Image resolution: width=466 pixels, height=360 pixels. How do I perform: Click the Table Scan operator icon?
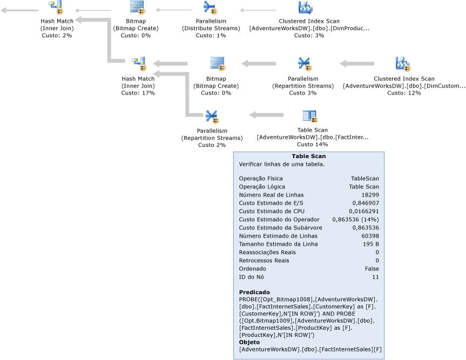tap(309, 116)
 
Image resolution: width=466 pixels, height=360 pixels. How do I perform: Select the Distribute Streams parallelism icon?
tap(210, 8)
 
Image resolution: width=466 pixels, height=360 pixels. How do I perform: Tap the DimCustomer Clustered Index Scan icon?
tap(403, 64)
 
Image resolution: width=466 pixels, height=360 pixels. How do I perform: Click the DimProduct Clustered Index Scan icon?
tap(305, 8)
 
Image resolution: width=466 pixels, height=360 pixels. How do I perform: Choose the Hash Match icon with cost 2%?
tap(56, 8)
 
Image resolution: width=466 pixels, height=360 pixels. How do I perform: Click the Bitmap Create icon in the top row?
tap(137, 8)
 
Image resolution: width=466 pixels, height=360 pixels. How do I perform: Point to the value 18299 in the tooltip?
tap(370, 195)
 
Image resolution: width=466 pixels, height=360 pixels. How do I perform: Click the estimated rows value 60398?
tap(370, 236)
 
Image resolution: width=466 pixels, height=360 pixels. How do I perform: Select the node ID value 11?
tap(375, 277)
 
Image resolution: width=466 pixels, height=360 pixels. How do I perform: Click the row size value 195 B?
tap(370, 244)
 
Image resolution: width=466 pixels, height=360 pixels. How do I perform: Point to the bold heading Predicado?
tap(254, 292)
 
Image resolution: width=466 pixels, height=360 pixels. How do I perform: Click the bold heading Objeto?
tap(249, 342)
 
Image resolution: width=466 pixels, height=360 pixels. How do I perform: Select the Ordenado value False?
tap(372, 269)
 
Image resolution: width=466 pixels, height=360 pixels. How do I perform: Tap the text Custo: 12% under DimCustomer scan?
tap(404, 93)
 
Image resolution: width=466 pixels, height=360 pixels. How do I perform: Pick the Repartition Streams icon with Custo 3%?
tap(303, 64)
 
